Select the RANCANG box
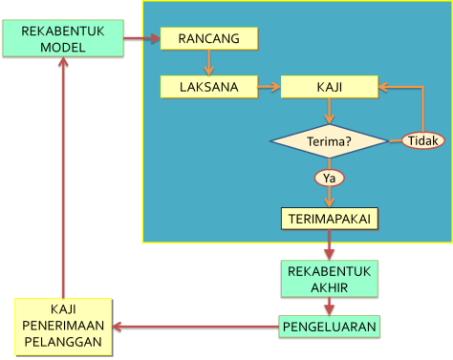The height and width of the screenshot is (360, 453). pyautogui.click(x=208, y=38)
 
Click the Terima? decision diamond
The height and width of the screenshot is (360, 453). pyautogui.click(x=329, y=142)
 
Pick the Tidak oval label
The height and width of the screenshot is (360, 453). pyautogui.click(x=422, y=140)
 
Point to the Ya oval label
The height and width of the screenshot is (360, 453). pyautogui.click(x=330, y=178)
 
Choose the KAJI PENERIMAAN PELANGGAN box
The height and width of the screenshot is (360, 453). pyautogui.click(x=63, y=326)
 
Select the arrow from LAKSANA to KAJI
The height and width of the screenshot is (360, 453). pyautogui.click(x=270, y=87)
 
